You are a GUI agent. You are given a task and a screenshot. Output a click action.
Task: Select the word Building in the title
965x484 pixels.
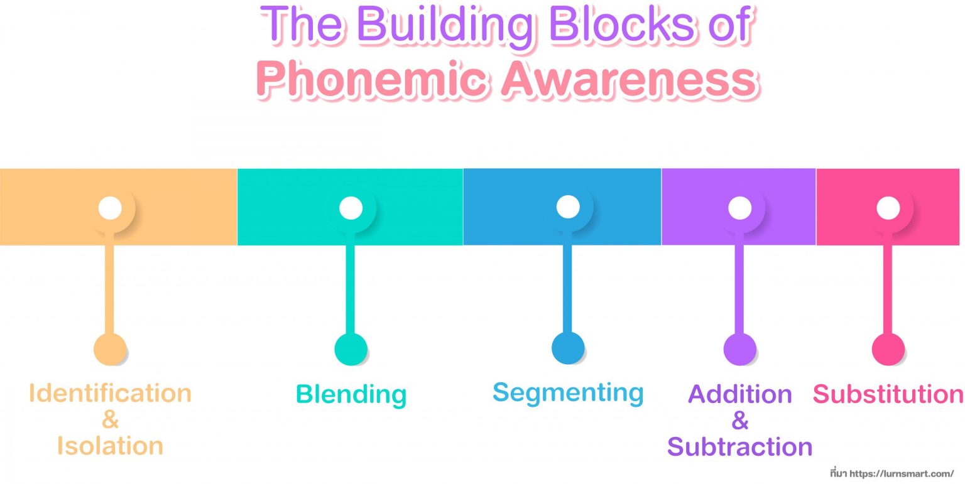click(443, 26)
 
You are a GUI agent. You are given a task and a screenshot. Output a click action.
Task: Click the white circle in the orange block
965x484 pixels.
click(110, 208)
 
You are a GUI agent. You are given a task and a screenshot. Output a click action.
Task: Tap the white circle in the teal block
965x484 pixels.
click(351, 208)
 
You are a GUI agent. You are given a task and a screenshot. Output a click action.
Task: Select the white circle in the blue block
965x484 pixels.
click(568, 207)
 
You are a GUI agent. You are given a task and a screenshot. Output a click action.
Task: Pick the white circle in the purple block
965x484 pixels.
click(739, 208)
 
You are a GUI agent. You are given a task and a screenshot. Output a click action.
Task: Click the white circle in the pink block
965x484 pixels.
click(888, 208)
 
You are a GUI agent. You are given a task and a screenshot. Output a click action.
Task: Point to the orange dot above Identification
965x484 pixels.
click(110, 349)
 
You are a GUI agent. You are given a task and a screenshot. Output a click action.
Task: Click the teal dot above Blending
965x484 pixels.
click(351, 349)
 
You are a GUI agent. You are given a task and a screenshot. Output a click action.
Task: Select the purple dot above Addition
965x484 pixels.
click(739, 349)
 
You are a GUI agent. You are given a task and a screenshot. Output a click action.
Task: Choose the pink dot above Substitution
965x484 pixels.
click(888, 349)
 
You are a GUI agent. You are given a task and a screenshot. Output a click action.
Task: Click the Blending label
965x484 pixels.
click(351, 395)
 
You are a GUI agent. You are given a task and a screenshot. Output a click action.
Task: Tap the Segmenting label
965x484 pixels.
click(568, 393)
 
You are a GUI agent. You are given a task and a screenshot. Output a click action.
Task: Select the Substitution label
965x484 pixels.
click(888, 394)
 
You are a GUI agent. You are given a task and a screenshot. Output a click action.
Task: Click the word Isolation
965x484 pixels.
click(110, 446)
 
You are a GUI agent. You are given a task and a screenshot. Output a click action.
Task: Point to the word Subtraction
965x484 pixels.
click(739, 447)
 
